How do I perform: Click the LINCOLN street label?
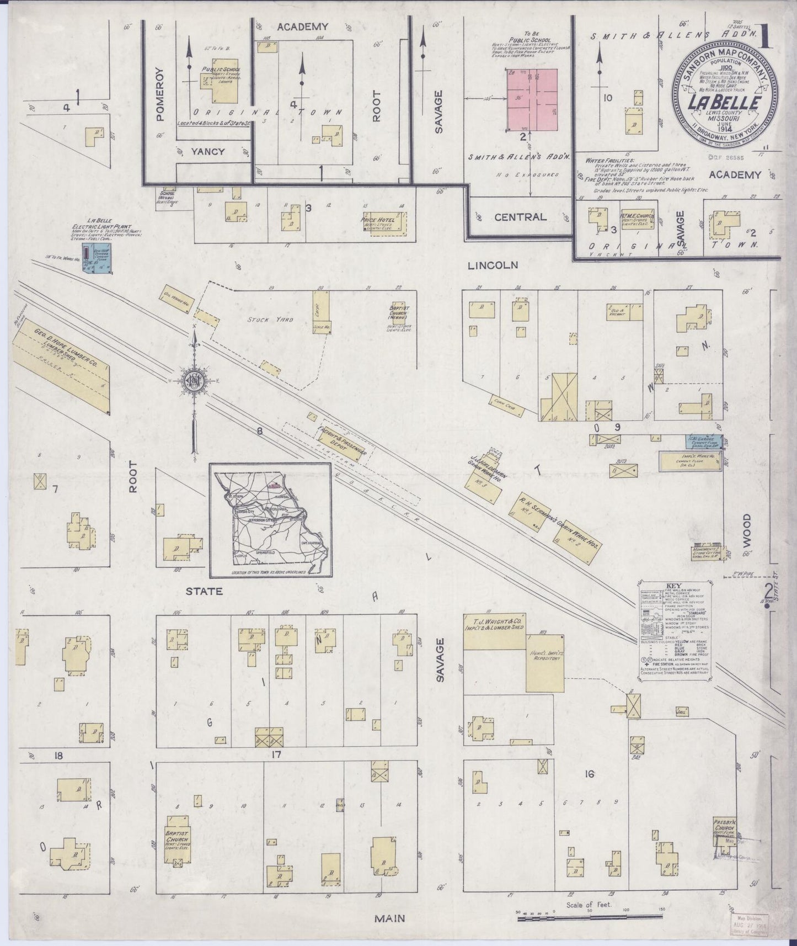pyautogui.click(x=493, y=265)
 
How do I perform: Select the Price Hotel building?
pyautogui.click(x=383, y=224)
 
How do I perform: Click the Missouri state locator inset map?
pyautogui.click(x=270, y=519)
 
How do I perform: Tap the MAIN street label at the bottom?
pyautogui.click(x=390, y=918)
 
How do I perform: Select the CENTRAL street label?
pyautogui.click(x=520, y=217)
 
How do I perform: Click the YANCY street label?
pyautogui.click(x=208, y=151)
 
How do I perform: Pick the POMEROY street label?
pyautogui.click(x=159, y=94)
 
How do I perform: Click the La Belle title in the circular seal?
pyautogui.click(x=725, y=103)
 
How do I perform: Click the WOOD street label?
pyautogui.click(x=746, y=528)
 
